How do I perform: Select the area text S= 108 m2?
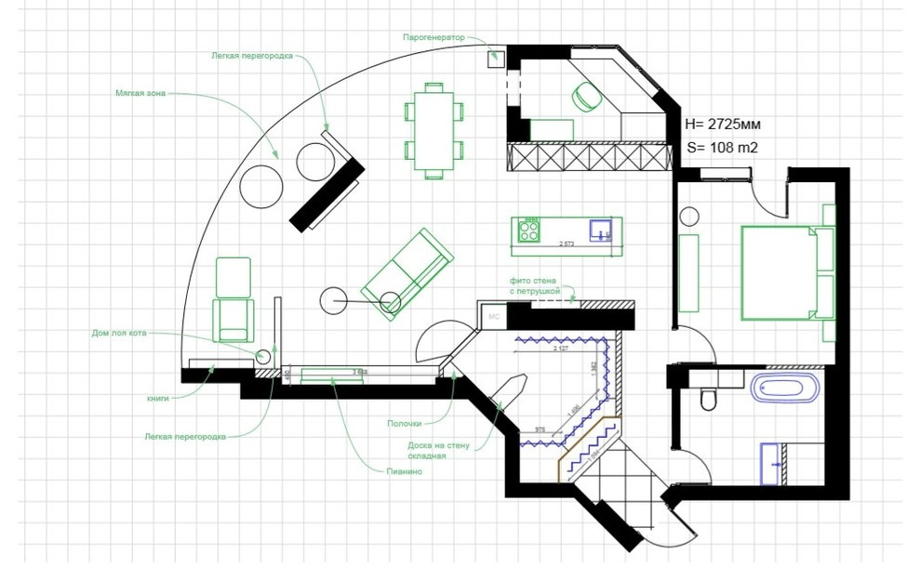click(x=722, y=147)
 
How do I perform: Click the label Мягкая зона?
click(x=140, y=94)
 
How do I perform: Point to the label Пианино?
click(x=404, y=472)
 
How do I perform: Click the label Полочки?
click(x=405, y=423)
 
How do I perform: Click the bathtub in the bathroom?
click(x=786, y=388)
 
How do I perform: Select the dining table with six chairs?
click(x=434, y=129)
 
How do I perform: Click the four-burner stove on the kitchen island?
click(x=529, y=230)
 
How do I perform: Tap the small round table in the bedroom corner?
click(x=690, y=217)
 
